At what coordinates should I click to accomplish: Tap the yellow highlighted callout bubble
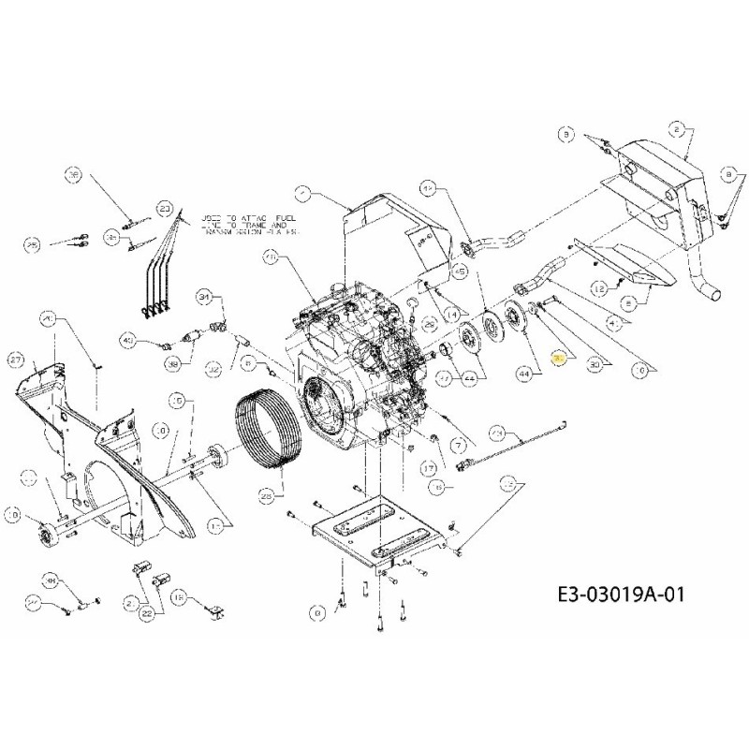pos(560,358)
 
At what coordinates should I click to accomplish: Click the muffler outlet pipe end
pos(713,294)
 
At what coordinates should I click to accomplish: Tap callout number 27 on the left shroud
pos(41,359)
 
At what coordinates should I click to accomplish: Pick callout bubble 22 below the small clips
pos(147,614)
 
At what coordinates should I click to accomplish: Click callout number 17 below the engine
pos(431,468)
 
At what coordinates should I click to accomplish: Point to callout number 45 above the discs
pos(460,271)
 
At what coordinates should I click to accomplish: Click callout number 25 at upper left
pos(33,245)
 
